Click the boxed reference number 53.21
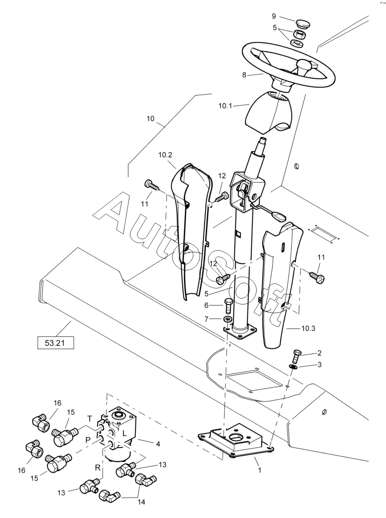click(56, 343)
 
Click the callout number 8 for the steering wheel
click(244, 75)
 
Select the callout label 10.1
click(225, 106)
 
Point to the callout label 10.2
click(165, 155)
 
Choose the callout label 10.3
click(308, 328)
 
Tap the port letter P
click(88, 440)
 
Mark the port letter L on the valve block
click(125, 433)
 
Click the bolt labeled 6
click(228, 306)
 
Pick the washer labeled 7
click(227, 319)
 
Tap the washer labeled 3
click(293, 367)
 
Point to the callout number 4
click(158, 444)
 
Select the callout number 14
click(141, 500)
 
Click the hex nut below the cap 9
click(299, 34)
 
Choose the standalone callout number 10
click(150, 119)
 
